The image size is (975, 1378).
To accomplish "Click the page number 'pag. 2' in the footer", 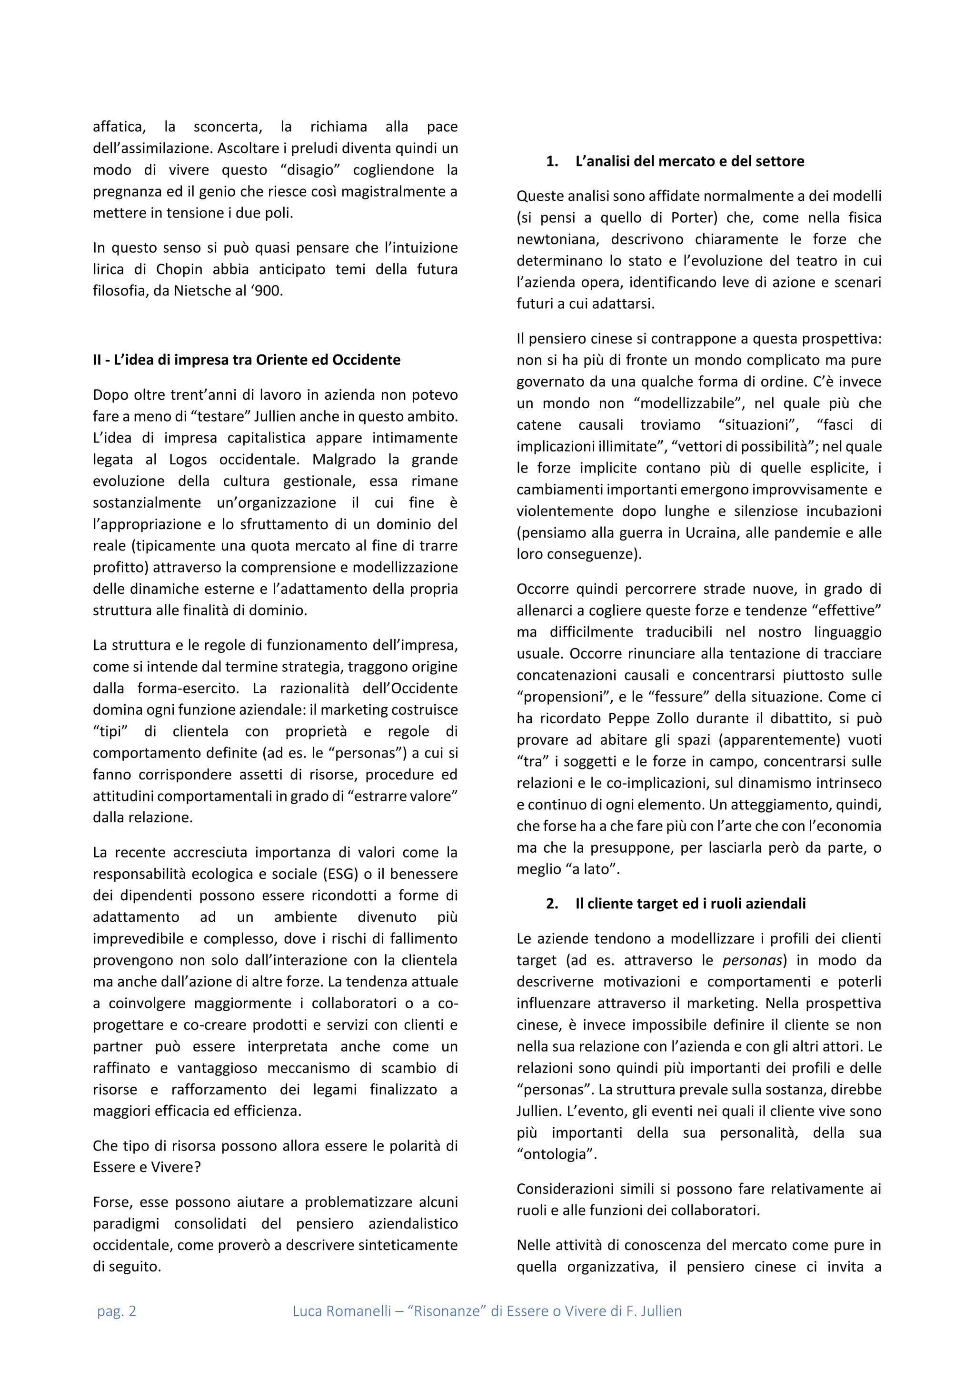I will tap(117, 1311).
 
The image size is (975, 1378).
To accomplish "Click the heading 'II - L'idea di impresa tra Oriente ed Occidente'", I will tap(246, 360).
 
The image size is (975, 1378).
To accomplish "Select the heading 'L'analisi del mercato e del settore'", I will tap(689, 161).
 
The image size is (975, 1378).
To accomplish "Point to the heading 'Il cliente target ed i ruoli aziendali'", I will tap(690, 904).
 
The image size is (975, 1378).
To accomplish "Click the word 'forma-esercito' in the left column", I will tap(189, 689).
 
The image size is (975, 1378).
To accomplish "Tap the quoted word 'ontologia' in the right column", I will tap(557, 1154).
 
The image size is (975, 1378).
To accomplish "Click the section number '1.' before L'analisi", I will tap(552, 161).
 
